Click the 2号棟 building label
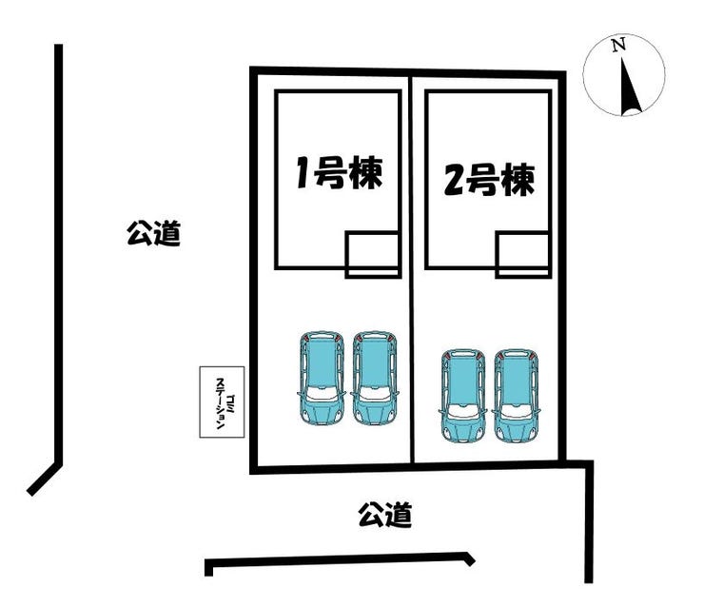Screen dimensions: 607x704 point(489,178)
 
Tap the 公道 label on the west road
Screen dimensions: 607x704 point(153,233)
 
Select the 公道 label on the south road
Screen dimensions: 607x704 point(385,516)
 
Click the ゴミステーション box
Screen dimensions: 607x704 point(222,402)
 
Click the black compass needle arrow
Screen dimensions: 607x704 point(629,88)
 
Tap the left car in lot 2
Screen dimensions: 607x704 point(462,395)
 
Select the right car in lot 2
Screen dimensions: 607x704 point(517,395)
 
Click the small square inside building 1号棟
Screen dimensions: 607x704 point(372,254)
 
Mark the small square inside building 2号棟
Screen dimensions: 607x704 point(522,256)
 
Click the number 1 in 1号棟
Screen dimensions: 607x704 point(303,174)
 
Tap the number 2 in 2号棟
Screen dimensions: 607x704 point(455,180)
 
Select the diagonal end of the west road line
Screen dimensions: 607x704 point(44,479)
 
